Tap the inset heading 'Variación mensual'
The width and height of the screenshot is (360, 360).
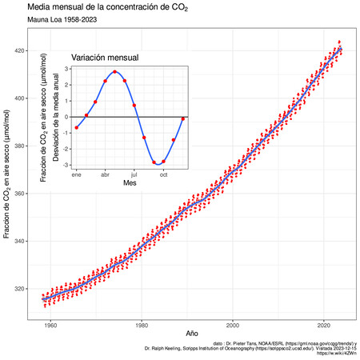[x=104, y=58]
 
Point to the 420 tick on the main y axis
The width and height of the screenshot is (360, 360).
[x=29, y=51]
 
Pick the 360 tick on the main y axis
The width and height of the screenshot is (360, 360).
[x=29, y=194]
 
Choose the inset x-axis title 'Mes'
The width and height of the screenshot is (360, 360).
[x=130, y=183]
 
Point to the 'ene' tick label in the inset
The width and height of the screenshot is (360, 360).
[x=77, y=174]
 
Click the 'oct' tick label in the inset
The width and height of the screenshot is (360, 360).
[x=163, y=174]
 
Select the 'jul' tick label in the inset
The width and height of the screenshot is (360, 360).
[x=134, y=174]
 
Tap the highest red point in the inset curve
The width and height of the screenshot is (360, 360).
[x=115, y=72]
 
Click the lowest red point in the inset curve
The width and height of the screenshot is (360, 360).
[x=154, y=163]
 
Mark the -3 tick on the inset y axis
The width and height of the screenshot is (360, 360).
[x=66, y=165]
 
